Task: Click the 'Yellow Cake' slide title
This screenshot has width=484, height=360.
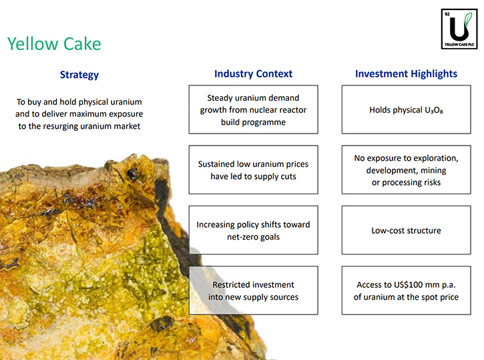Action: pyautogui.click(x=54, y=43)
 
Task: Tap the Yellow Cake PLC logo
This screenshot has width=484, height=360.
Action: pyautogui.click(x=459, y=29)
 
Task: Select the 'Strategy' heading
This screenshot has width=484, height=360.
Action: pyautogui.click(x=79, y=75)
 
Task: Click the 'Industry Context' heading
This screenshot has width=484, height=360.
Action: pyautogui.click(x=253, y=73)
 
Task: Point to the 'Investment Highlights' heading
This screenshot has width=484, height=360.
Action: pyautogui.click(x=406, y=73)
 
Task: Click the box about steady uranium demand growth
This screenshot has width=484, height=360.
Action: pyautogui.click(x=254, y=110)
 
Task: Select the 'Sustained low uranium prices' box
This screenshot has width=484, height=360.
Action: pyautogui.click(x=254, y=170)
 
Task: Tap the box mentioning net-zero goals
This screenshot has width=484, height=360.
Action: pyautogui.click(x=254, y=230)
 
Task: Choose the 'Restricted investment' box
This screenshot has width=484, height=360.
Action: pyautogui.click(x=254, y=291)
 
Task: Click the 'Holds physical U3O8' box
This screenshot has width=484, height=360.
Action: pyautogui.click(x=406, y=110)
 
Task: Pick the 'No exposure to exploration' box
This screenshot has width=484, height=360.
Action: pyautogui.click(x=406, y=170)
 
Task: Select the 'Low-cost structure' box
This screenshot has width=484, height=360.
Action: pyautogui.click(x=406, y=230)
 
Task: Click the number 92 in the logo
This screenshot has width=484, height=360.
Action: pyautogui.click(x=447, y=14)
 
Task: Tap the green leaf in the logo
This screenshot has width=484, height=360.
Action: pyautogui.click(x=468, y=19)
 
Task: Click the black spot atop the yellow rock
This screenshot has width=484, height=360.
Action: pyautogui.click(x=132, y=174)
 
